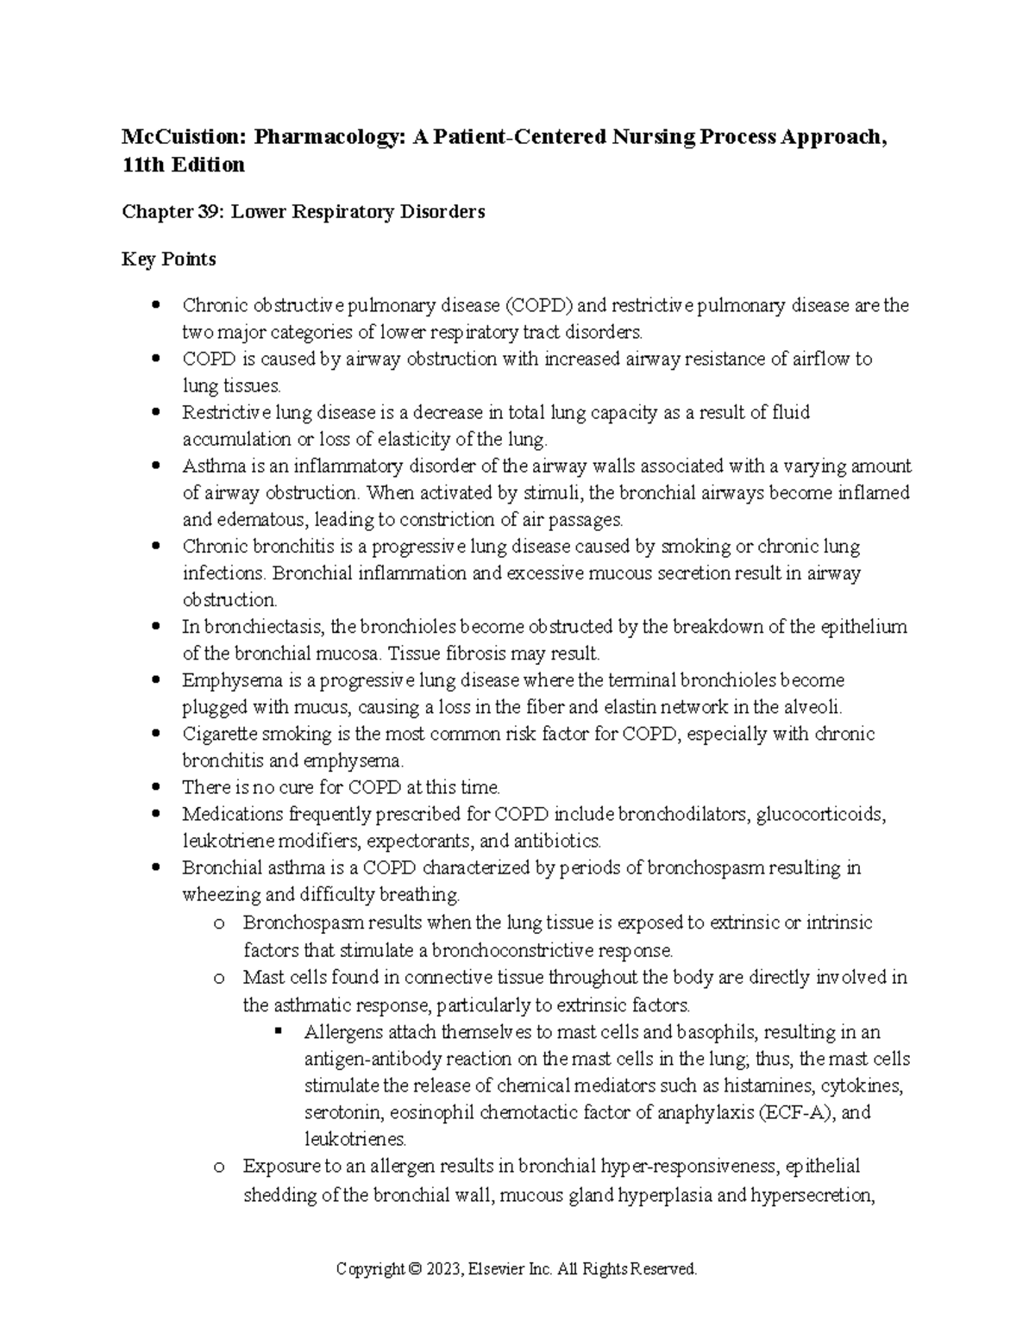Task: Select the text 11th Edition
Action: [183, 165]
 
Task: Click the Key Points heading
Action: [169, 259]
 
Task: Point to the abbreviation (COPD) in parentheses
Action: [543, 305]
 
